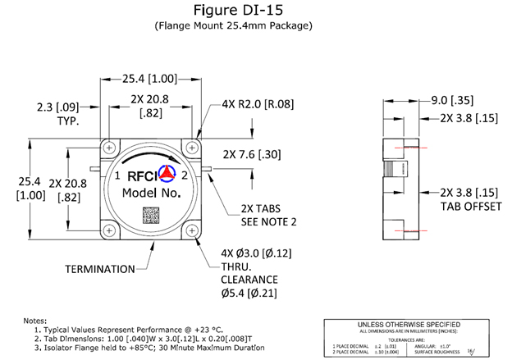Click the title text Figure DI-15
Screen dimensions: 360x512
pos(256,11)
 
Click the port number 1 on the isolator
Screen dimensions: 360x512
pos(117,175)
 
